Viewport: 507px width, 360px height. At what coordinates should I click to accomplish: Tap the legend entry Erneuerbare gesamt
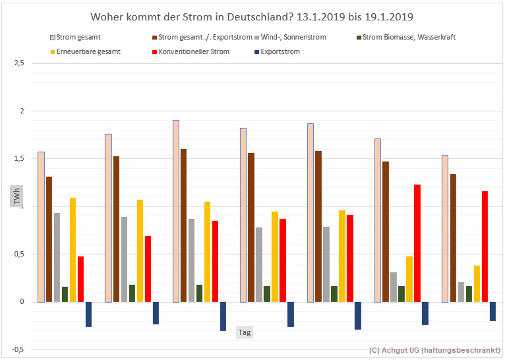tap(83, 51)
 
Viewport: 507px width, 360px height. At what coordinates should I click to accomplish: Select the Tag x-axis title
tap(244, 333)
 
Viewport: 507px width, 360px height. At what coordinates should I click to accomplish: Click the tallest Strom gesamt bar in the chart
tap(176, 211)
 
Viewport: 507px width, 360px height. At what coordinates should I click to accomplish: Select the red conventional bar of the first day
tap(80, 279)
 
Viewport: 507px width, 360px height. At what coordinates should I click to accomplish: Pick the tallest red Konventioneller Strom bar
tap(417, 243)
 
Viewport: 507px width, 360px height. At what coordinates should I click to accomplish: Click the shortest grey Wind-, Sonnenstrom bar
tap(462, 292)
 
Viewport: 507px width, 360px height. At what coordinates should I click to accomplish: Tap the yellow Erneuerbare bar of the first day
tap(73, 250)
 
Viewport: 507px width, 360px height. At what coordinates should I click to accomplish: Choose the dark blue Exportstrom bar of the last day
tap(492, 311)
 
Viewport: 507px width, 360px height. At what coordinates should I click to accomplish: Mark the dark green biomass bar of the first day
tap(65, 294)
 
